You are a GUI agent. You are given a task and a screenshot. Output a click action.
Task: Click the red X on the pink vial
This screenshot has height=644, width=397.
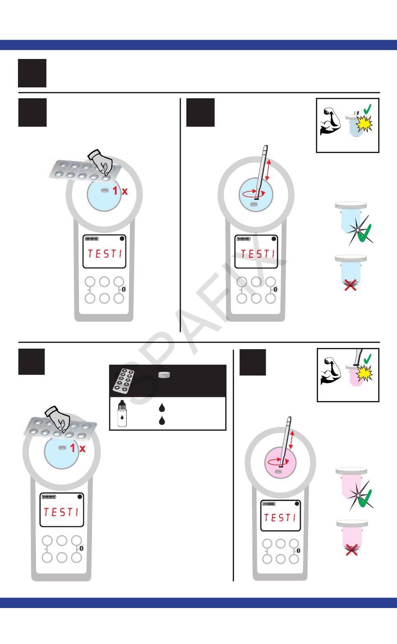351,550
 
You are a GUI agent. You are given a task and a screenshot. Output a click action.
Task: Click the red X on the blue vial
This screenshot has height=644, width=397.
351,285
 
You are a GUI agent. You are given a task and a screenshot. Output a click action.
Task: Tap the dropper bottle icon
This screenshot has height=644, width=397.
122,414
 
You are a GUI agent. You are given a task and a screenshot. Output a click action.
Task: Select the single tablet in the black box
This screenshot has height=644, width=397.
164,374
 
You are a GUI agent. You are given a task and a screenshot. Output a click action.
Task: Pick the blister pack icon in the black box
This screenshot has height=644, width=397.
123,381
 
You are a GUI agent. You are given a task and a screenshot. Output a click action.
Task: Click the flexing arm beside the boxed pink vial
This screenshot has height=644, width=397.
331,371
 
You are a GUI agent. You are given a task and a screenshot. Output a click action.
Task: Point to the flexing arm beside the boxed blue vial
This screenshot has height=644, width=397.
331,121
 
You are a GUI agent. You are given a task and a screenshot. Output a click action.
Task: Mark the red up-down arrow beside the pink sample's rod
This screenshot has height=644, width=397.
292,440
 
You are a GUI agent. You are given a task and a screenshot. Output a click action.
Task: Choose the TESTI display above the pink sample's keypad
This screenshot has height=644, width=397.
280,518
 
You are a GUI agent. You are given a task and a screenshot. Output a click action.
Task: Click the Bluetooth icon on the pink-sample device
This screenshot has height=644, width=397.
298,550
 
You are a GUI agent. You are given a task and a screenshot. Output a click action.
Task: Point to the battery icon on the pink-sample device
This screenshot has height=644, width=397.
269,503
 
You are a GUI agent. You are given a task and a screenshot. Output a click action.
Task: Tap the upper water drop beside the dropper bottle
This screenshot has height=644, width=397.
162,407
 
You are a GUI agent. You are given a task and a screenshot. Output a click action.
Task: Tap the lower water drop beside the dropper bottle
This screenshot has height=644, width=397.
162,420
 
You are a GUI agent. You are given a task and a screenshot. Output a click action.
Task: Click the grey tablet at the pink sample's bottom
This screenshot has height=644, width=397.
278,472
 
